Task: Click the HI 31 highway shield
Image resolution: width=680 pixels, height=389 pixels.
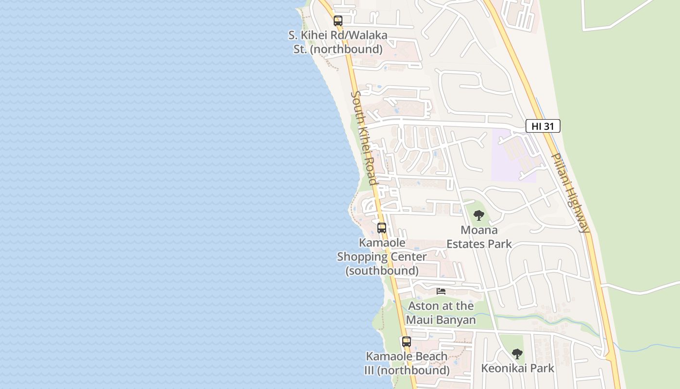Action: coord(543,126)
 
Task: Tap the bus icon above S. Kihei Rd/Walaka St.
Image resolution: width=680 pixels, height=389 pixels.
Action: coord(338,21)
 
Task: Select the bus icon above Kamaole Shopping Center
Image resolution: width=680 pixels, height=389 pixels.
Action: coord(382,228)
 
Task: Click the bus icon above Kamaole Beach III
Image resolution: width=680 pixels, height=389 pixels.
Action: coord(407,341)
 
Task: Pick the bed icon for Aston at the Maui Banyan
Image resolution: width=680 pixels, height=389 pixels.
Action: coord(441,291)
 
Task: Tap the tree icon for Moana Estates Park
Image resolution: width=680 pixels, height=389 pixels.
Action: coord(479,215)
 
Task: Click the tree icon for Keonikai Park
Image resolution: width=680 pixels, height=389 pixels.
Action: coord(517,354)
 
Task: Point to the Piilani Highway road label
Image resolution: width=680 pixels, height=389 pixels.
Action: coord(571,193)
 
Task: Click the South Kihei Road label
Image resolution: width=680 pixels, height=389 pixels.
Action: coord(364,138)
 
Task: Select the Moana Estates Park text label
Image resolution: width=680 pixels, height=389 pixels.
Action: coord(479,237)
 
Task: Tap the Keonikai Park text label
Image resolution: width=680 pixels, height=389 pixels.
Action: coord(517,368)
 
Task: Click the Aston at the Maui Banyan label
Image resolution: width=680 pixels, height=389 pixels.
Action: coord(441,313)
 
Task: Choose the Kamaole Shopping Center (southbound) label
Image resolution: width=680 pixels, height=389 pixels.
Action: coord(382,256)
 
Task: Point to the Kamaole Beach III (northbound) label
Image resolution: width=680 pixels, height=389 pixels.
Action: coord(407,363)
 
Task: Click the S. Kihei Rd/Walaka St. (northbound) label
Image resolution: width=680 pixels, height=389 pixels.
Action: coord(338,42)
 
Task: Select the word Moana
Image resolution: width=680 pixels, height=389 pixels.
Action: coord(479,230)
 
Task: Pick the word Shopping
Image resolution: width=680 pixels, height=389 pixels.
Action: coord(382,257)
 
